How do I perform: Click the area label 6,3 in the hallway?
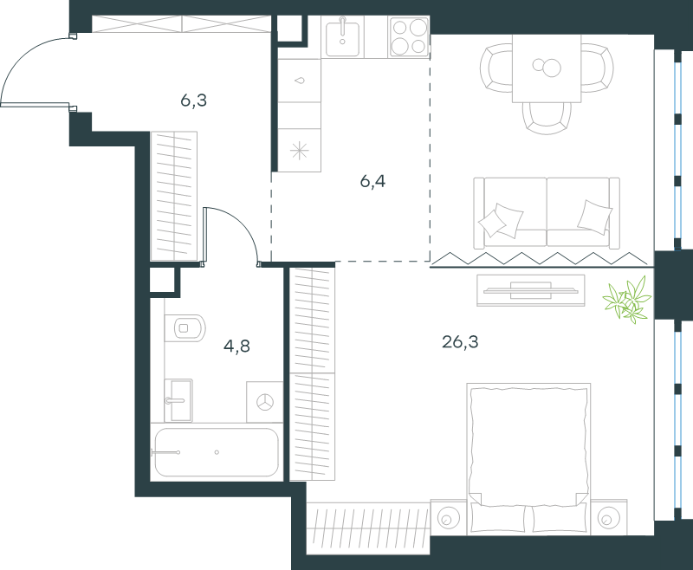pos(193,100)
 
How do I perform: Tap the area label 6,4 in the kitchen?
pos(372,181)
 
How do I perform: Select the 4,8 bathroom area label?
pos(236,346)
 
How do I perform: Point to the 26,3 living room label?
pos(460,341)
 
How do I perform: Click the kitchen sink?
pos(342,36)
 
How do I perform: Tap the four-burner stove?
pos(409,36)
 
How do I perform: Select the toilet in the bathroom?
pos(185,328)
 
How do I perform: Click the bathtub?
pos(217,452)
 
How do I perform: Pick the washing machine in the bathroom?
pos(264,402)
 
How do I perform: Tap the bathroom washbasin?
pos(178,400)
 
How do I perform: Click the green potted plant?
pos(627,299)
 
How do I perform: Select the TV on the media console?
pos(531,290)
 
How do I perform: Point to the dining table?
pos(547,68)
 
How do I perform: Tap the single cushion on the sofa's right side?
pos(595,217)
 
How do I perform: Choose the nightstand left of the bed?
pos(449,517)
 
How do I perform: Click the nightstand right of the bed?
pos(609,517)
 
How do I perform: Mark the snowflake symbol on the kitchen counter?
pos(299,151)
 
